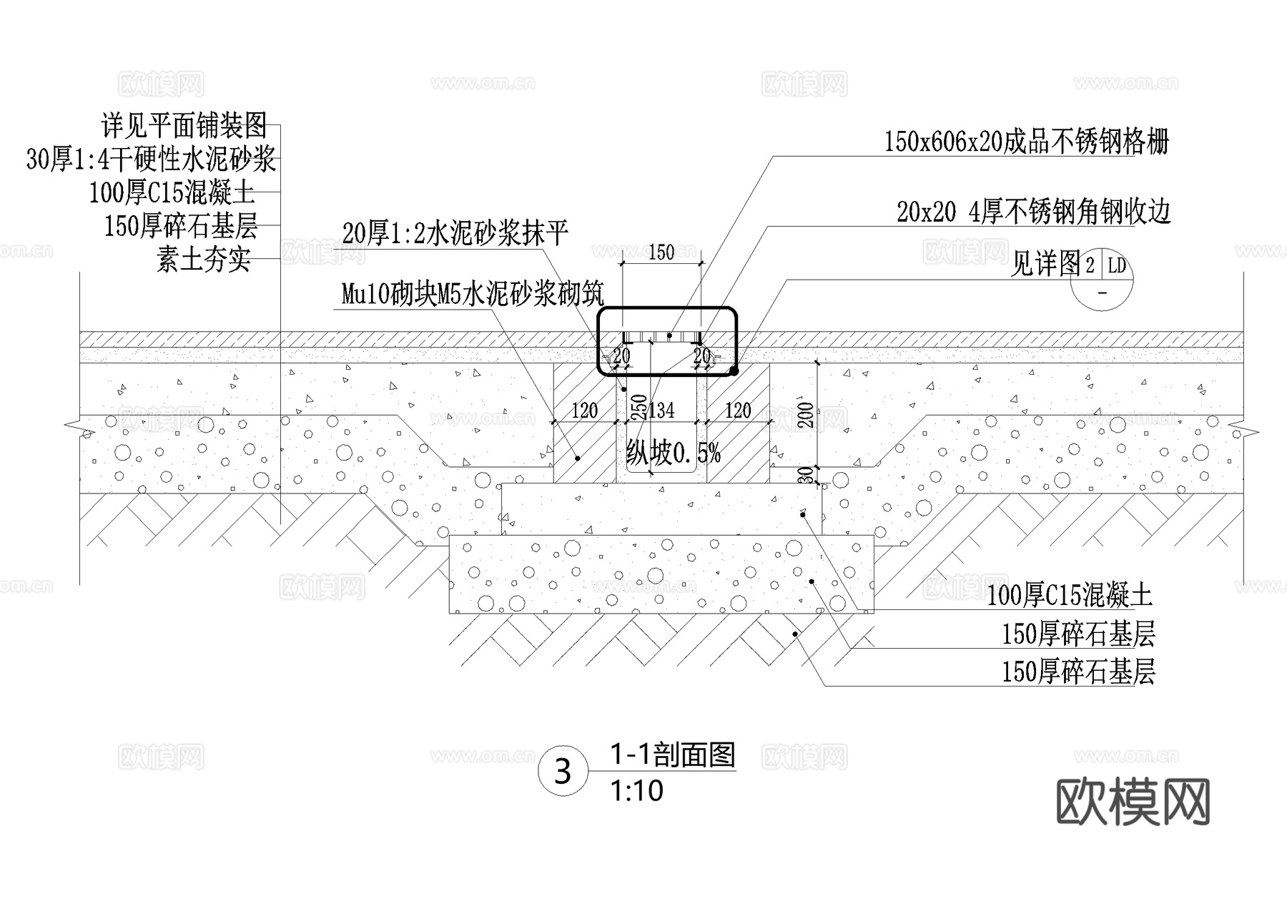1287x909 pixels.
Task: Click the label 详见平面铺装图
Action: pyautogui.click(x=184, y=126)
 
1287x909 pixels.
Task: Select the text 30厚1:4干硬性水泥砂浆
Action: pyautogui.click(x=151, y=159)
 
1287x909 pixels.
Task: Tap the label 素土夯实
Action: pyautogui.click(x=204, y=260)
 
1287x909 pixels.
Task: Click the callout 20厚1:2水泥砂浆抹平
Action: pyautogui.click(x=455, y=233)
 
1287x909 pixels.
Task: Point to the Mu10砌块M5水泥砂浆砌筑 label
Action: pyautogui.click(x=473, y=294)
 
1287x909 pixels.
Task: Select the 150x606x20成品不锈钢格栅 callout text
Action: pyautogui.click(x=1026, y=142)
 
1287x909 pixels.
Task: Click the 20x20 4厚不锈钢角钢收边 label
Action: pyautogui.click(x=1033, y=212)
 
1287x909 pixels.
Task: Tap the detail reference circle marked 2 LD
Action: pyautogui.click(x=1102, y=280)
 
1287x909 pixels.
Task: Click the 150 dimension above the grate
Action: pyautogui.click(x=661, y=252)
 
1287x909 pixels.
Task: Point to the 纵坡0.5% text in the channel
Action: pyautogui.click(x=673, y=453)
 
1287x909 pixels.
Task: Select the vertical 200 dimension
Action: pyautogui.click(x=806, y=416)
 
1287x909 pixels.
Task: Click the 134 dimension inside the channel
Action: pyautogui.click(x=661, y=411)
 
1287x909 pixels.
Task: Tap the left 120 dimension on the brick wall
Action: pyautogui.click(x=584, y=411)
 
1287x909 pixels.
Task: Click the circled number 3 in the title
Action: pyautogui.click(x=563, y=772)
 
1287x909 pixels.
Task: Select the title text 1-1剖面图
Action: pyautogui.click(x=672, y=755)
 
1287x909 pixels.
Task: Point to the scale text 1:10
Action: pyautogui.click(x=636, y=791)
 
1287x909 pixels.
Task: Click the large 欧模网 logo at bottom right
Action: pyautogui.click(x=1133, y=802)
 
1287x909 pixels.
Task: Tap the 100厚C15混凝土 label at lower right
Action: pyautogui.click(x=1070, y=595)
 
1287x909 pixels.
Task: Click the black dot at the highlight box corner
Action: pyautogui.click(x=734, y=370)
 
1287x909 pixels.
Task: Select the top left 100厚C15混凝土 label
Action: pyautogui.click(x=172, y=193)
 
